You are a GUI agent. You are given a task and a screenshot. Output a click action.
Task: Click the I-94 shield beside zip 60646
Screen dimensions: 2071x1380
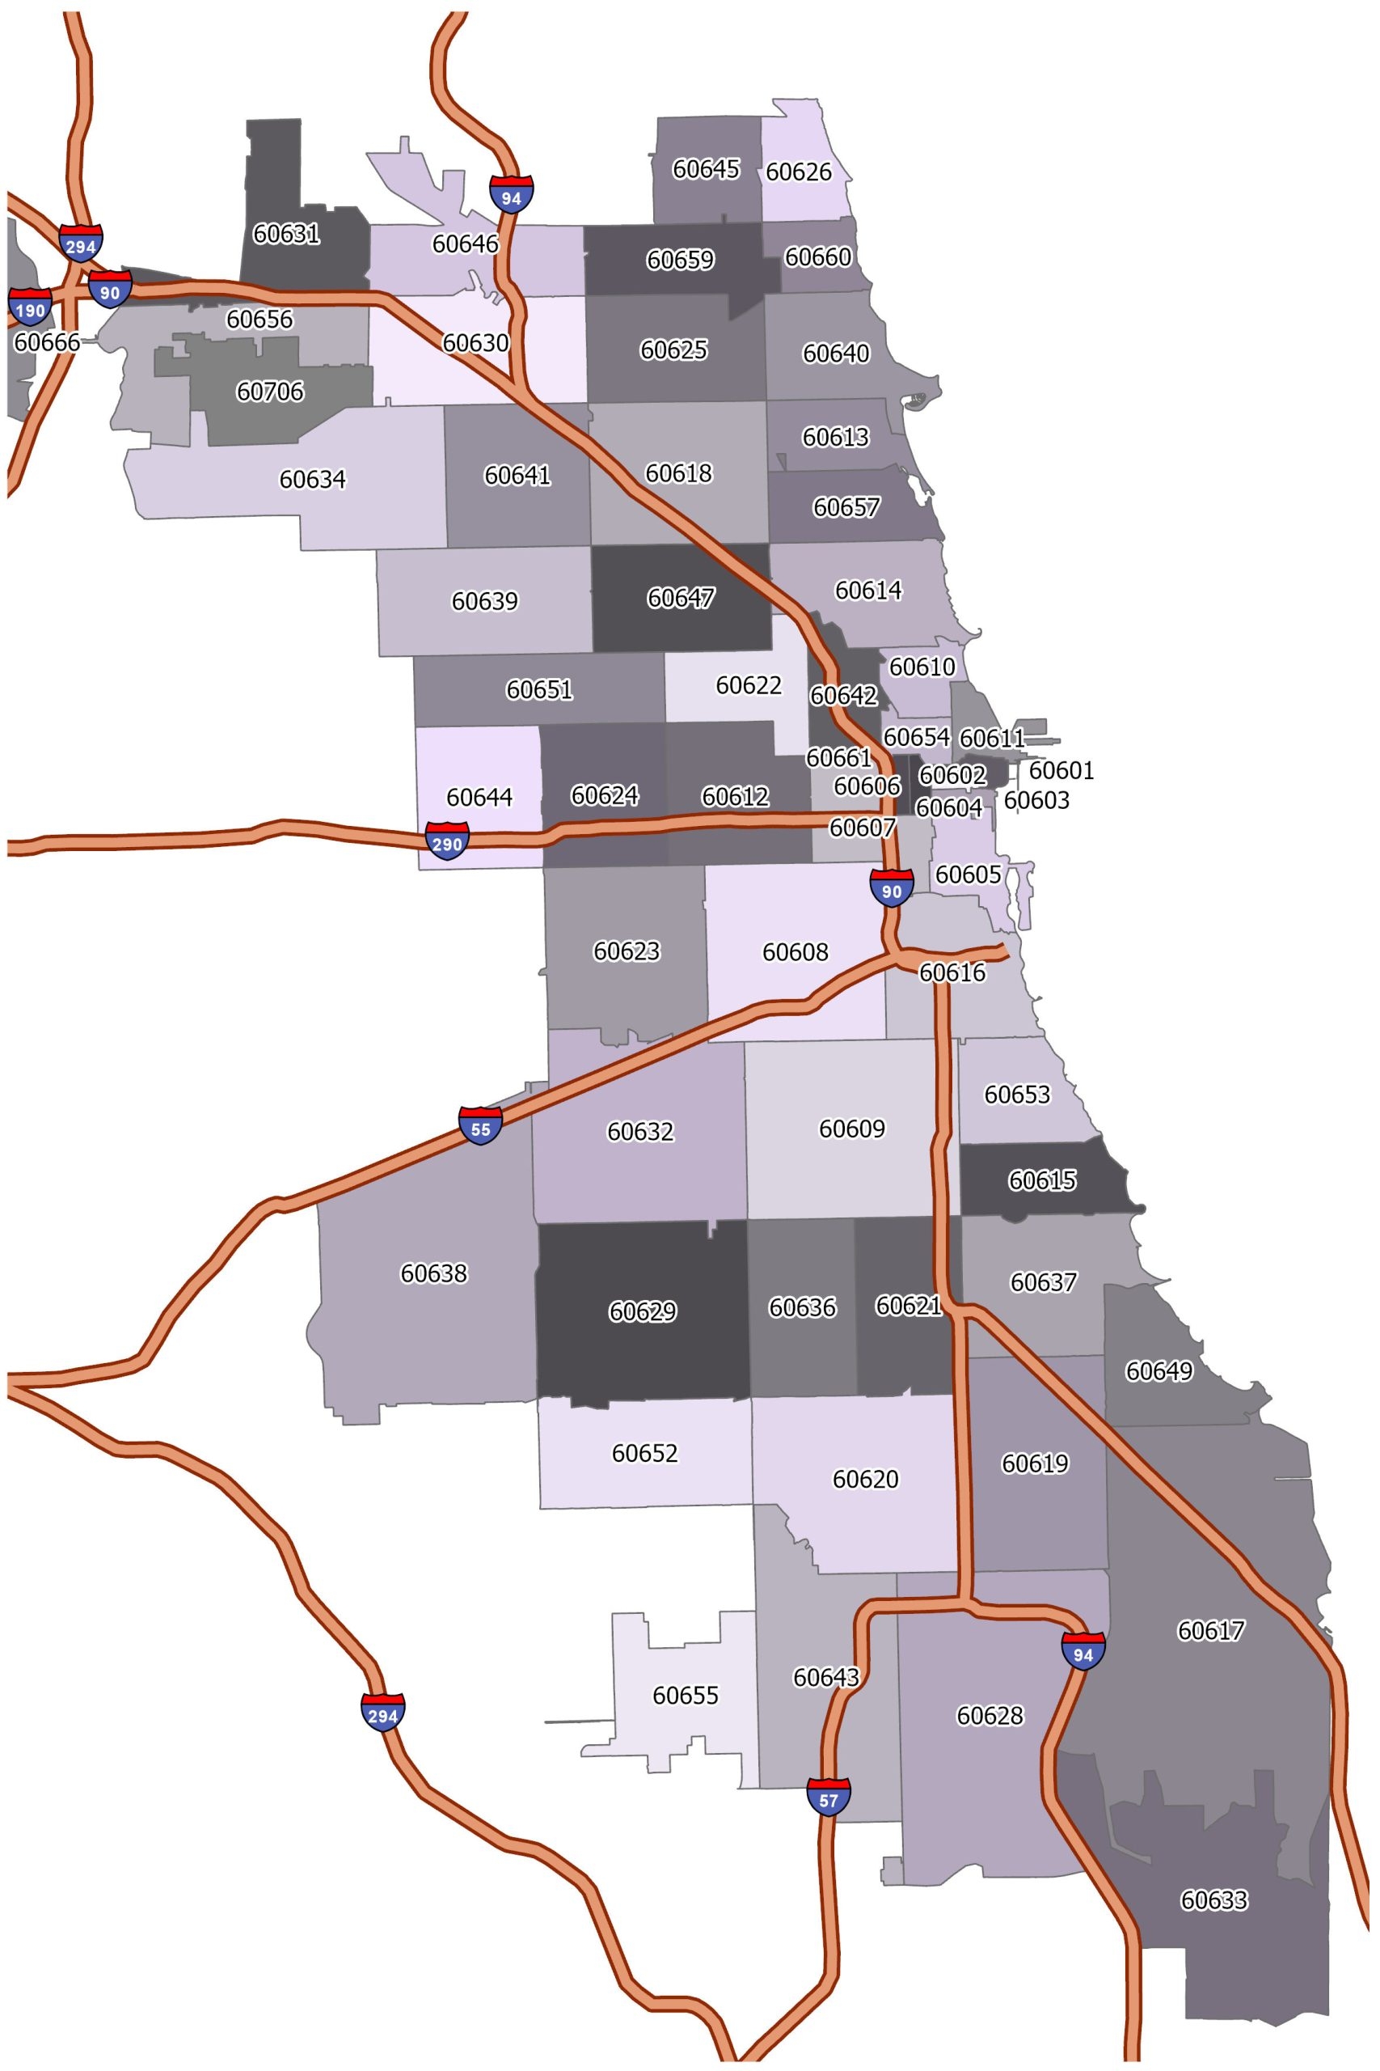pos(512,193)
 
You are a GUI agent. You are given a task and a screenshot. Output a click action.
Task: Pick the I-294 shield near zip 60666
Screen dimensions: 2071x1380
pos(81,243)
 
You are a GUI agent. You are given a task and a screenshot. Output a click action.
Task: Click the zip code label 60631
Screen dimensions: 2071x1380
pos(286,235)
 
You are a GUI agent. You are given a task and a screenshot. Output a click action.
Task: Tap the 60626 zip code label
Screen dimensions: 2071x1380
pos(798,172)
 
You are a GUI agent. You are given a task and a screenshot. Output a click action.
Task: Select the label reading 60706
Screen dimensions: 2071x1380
pos(270,391)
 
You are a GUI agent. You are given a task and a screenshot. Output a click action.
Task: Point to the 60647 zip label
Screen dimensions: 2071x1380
pos(681,599)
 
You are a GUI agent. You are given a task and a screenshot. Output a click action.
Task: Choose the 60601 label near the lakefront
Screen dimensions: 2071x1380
pos(1061,770)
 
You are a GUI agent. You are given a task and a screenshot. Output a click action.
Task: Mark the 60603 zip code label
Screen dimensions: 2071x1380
pos(1036,800)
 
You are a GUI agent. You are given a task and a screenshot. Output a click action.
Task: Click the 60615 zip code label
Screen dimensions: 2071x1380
pos(1042,1181)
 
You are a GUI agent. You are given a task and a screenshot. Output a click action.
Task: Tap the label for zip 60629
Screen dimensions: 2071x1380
pos(643,1312)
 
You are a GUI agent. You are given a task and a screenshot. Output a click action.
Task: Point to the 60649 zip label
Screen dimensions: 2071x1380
pos(1159,1371)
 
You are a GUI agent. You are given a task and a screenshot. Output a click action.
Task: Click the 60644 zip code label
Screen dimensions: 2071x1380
pos(479,797)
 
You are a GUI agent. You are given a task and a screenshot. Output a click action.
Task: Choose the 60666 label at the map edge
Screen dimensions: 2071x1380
pos(48,342)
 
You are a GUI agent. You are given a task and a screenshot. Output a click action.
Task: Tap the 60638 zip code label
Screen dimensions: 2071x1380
pos(434,1273)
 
